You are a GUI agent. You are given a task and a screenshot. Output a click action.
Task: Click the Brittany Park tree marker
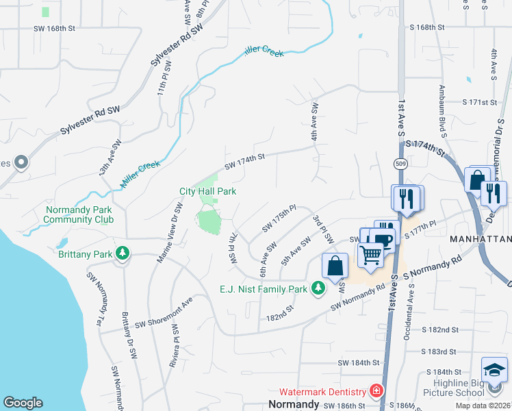(123, 253)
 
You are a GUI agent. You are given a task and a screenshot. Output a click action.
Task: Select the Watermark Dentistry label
(323, 392)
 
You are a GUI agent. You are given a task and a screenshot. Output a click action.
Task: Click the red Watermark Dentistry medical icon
(376, 392)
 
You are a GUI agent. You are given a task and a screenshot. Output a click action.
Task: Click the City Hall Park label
(207, 191)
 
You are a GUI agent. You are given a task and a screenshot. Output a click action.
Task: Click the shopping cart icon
(370, 255)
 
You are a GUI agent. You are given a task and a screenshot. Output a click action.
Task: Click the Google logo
(23, 402)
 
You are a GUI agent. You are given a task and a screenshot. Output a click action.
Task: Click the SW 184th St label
(357, 362)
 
